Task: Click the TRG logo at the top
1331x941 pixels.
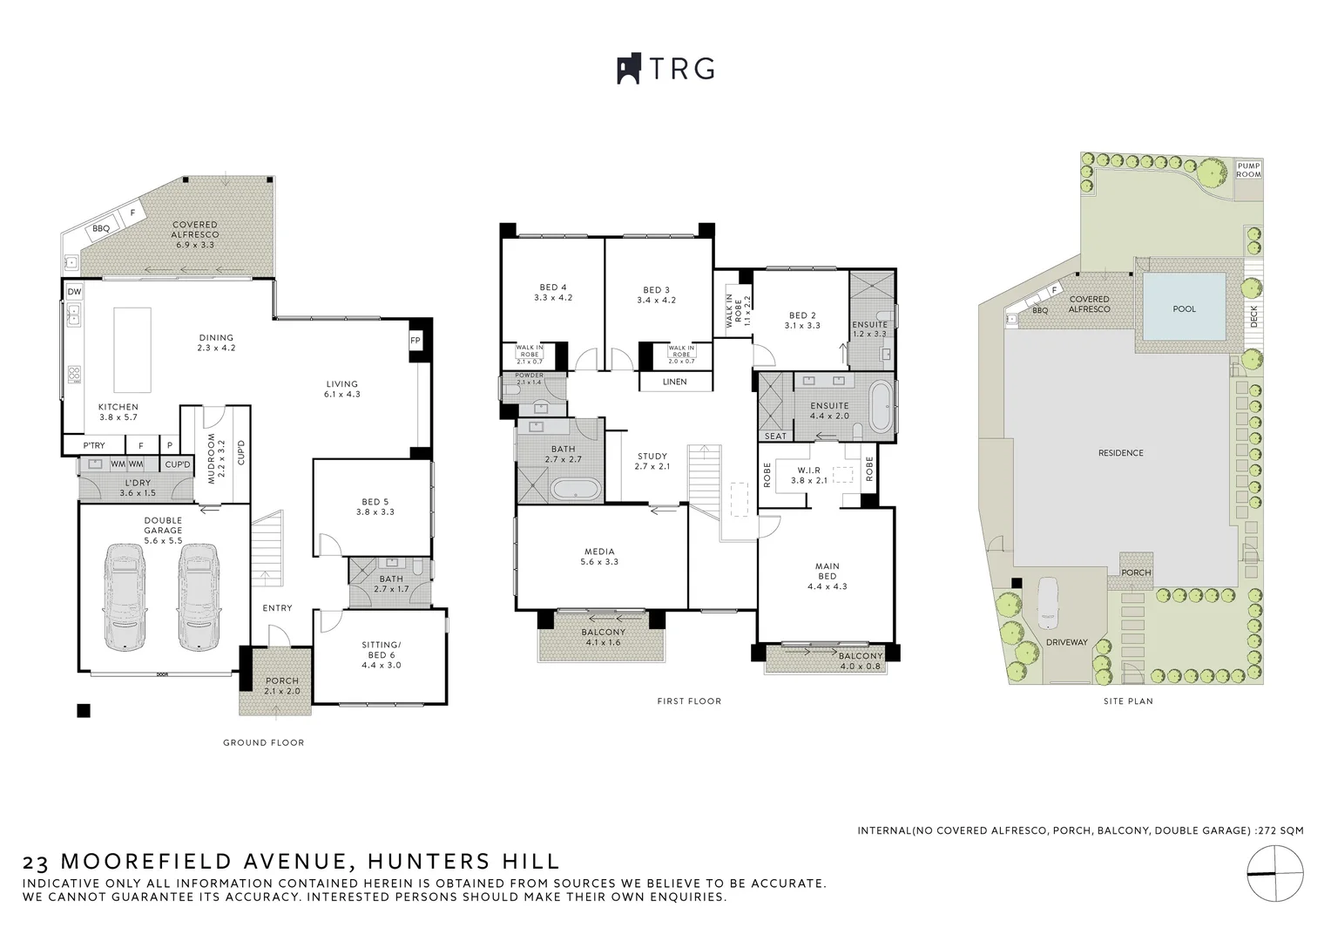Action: tap(665, 69)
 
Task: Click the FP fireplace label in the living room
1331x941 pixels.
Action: tap(415, 341)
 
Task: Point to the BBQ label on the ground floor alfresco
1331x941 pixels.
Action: tap(101, 229)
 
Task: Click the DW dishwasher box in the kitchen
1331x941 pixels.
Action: tap(74, 291)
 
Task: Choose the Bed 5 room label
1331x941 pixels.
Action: tap(375, 506)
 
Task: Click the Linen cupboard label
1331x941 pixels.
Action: tap(674, 382)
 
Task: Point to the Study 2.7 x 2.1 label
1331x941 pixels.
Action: tap(652, 461)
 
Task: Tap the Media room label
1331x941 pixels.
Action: tap(599, 556)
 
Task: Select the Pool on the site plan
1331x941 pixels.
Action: tap(1184, 308)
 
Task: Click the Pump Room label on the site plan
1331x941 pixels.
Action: tap(1248, 170)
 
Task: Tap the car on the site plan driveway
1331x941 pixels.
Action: tap(1049, 600)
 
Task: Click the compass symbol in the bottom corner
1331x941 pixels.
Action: tap(1275, 873)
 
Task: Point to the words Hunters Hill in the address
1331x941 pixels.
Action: tap(463, 862)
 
